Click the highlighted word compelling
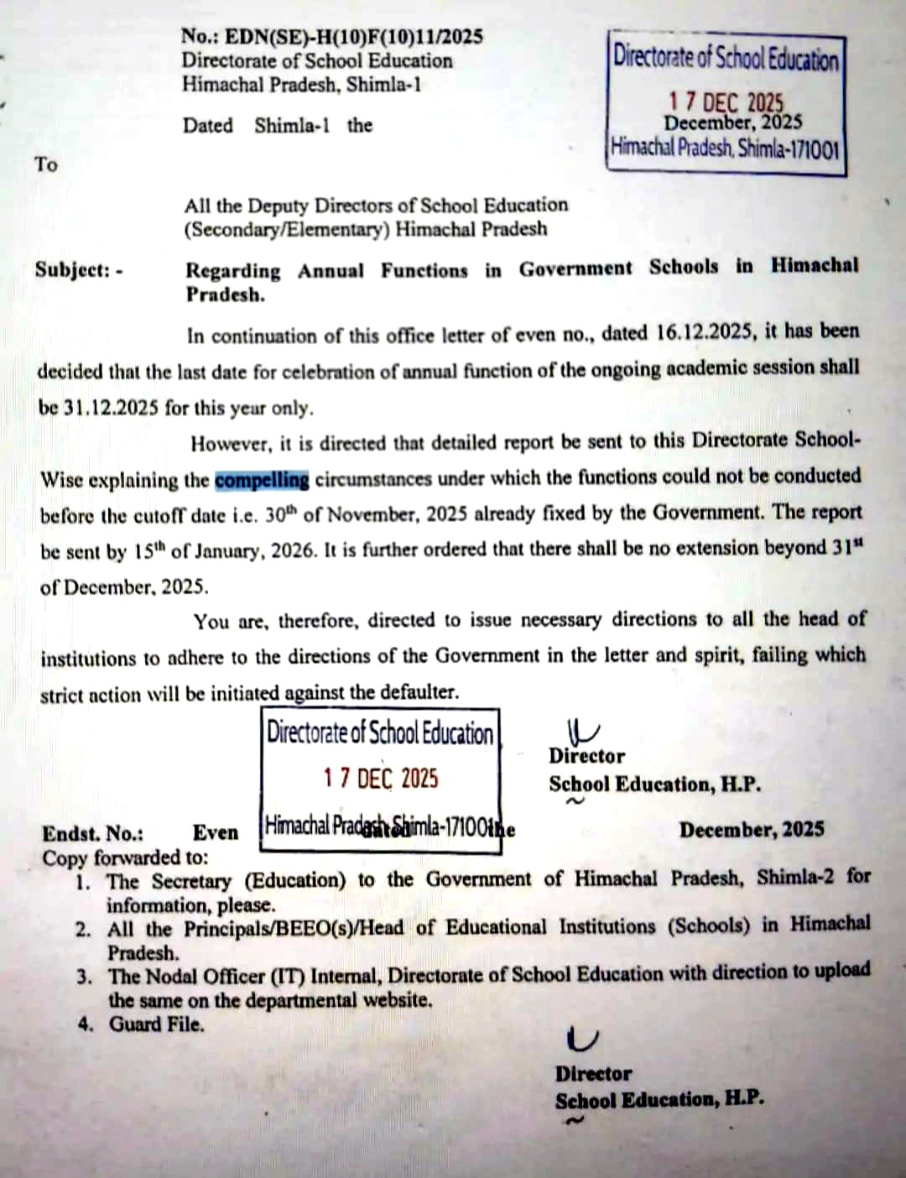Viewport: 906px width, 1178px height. (x=262, y=481)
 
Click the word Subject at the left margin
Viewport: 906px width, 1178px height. (x=73, y=270)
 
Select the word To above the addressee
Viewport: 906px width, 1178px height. (x=46, y=164)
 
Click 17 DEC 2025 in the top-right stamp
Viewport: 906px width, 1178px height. (x=725, y=102)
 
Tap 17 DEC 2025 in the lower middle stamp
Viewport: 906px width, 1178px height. (x=381, y=779)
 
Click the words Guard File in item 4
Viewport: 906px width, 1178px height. (x=156, y=1024)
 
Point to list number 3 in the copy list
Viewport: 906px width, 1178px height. (x=84, y=977)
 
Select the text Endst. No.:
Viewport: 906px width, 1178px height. (x=93, y=834)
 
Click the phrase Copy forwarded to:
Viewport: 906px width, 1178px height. (x=126, y=858)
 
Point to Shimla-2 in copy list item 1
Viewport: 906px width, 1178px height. (x=795, y=878)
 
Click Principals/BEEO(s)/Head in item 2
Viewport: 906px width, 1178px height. (x=294, y=929)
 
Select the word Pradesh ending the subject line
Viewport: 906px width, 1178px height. (x=225, y=295)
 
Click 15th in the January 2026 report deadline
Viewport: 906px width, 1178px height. (x=148, y=552)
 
